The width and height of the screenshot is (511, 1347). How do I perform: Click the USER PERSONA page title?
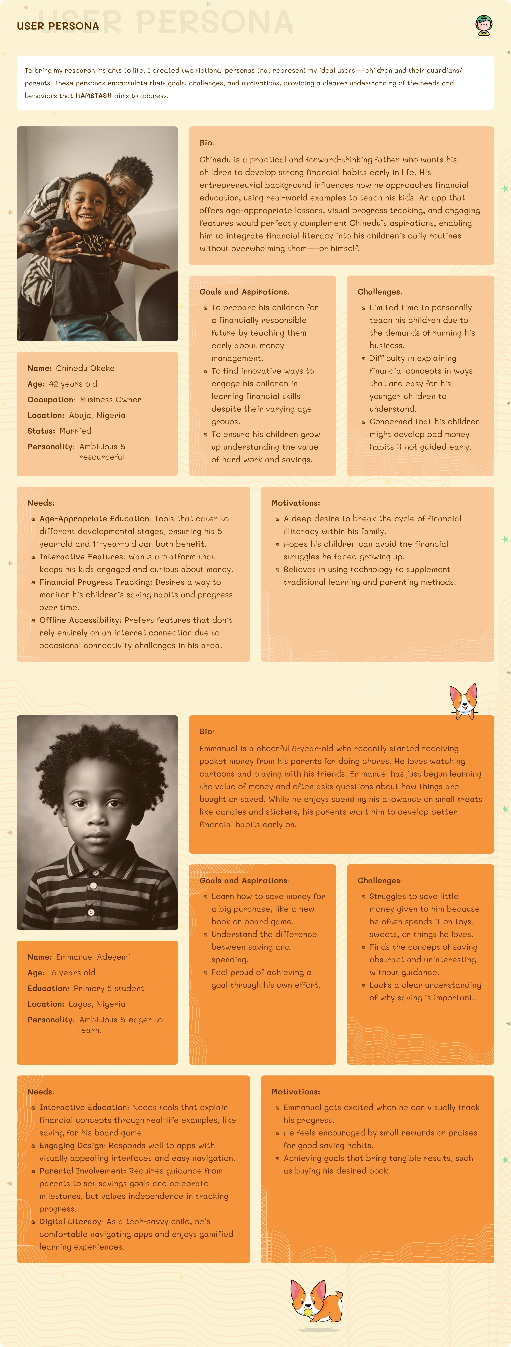point(58,26)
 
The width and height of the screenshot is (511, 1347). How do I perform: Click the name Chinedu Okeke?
point(85,368)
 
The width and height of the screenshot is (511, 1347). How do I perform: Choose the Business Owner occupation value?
point(110,399)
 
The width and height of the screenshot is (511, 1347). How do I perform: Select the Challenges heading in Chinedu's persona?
point(380,292)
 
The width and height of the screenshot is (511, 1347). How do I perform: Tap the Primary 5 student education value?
point(108,988)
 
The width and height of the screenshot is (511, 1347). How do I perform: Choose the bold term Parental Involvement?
point(83,1171)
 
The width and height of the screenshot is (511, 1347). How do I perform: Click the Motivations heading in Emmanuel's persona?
point(296,1092)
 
